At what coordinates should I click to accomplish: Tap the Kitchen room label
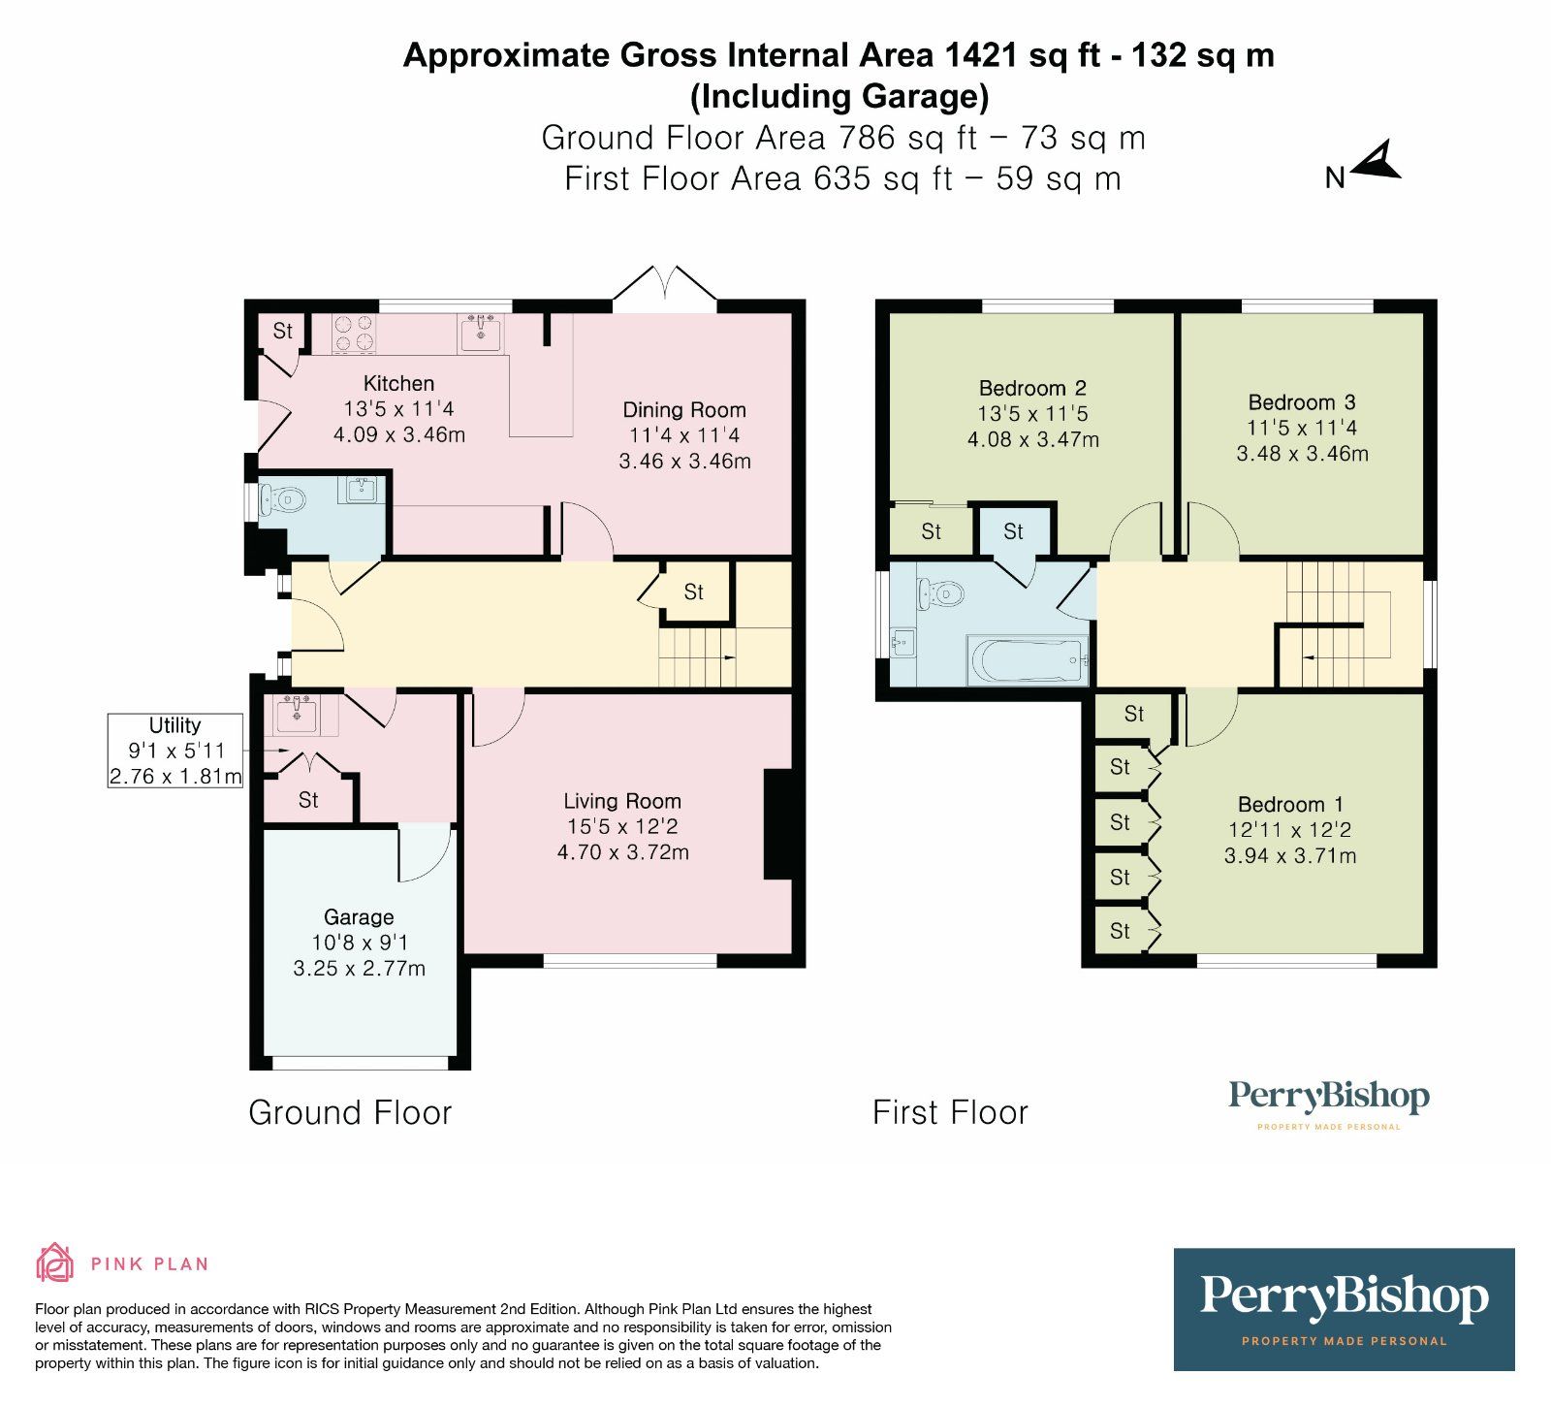[x=398, y=383]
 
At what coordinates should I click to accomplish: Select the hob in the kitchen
[x=354, y=334]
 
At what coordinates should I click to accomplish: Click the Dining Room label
[x=683, y=409]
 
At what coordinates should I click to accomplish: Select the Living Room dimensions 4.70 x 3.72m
[x=622, y=852]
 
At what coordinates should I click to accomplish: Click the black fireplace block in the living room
[x=777, y=824]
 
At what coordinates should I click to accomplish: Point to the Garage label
[x=359, y=917]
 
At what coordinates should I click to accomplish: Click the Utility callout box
[x=175, y=751]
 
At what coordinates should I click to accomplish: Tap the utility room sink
[x=296, y=716]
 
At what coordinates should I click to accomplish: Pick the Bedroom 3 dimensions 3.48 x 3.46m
[x=1302, y=453]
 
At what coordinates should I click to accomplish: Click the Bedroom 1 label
[x=1289, y=804]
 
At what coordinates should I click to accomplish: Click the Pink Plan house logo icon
[x=55, y=1263]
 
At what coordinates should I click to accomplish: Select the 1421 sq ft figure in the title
[x=1019, y=55]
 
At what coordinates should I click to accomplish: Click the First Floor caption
[x=950, y=1112]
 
